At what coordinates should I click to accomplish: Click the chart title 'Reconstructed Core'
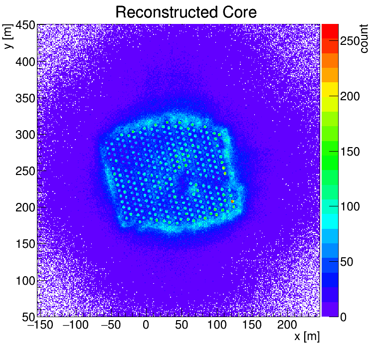point(186,12)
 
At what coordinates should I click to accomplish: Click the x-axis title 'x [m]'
point(306,337)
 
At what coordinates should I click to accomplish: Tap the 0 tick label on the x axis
point(146,326)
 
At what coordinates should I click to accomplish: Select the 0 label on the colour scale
point(344,317)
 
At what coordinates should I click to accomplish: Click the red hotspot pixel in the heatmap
point(233,201)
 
